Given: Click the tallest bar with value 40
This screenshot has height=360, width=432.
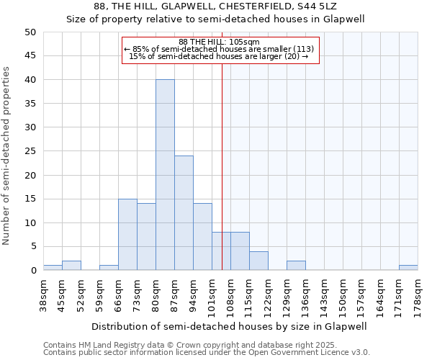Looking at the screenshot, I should pyautogui.click(x=165, y=175).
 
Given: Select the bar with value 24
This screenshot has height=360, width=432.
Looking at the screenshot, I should pyautogui.click(x=184, y=213).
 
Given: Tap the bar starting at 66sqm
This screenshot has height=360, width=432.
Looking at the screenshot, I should pyautogui.click(x=127, y=235).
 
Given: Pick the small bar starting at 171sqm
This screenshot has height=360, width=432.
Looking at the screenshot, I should pyautogui.click(x=408, y=268).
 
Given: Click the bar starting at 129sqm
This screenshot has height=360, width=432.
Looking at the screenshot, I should pyautogui.click(x=296, y=266).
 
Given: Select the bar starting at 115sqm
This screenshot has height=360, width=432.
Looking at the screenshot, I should pyautogui.click(x=258, y=261).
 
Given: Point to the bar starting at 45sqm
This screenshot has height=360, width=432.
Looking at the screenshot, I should pyautogui.click(x=71, y=266).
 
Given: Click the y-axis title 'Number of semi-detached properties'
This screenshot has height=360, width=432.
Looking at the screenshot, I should pyautogui.click(x=7, y=156).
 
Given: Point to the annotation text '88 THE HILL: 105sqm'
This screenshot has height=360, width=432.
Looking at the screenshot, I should pyautogui.click(x=220, y=42).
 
